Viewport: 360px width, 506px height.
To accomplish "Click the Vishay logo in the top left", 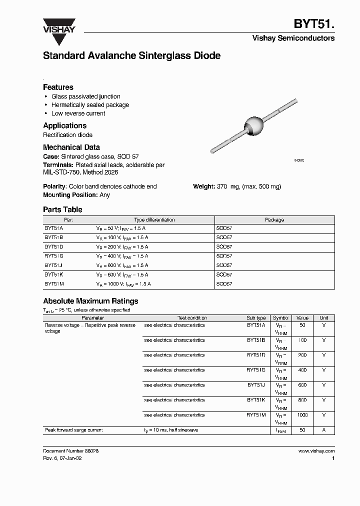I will click(59, 25).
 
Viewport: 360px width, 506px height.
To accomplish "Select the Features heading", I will click(58, 87).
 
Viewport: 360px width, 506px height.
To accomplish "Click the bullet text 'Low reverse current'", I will click(78, 113).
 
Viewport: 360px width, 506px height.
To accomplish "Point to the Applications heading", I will click(64, 125).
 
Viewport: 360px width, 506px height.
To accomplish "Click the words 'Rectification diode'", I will click(67, 135).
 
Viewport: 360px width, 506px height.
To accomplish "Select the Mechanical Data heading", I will click(71, 147).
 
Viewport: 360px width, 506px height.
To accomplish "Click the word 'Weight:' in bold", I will click(204, 186).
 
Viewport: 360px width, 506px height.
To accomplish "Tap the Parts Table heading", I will click(62, 209).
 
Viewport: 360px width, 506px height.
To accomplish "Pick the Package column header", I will click(274, 219).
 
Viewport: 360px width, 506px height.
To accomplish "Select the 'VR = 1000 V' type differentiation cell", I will click(123, 283).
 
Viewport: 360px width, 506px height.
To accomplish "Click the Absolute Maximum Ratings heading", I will click(90, 301).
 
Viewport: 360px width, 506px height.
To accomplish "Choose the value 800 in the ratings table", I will click(301, 400).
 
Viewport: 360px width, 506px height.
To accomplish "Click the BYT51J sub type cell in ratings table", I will click(256, 385).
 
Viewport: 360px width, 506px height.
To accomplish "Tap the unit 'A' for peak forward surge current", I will click(323, 430).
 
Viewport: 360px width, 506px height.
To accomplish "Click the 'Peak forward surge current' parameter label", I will click(73, 430).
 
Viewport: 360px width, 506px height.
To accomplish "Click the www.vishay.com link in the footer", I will click(316, 451).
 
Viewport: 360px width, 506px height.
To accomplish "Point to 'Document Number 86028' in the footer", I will click(70, 451).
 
